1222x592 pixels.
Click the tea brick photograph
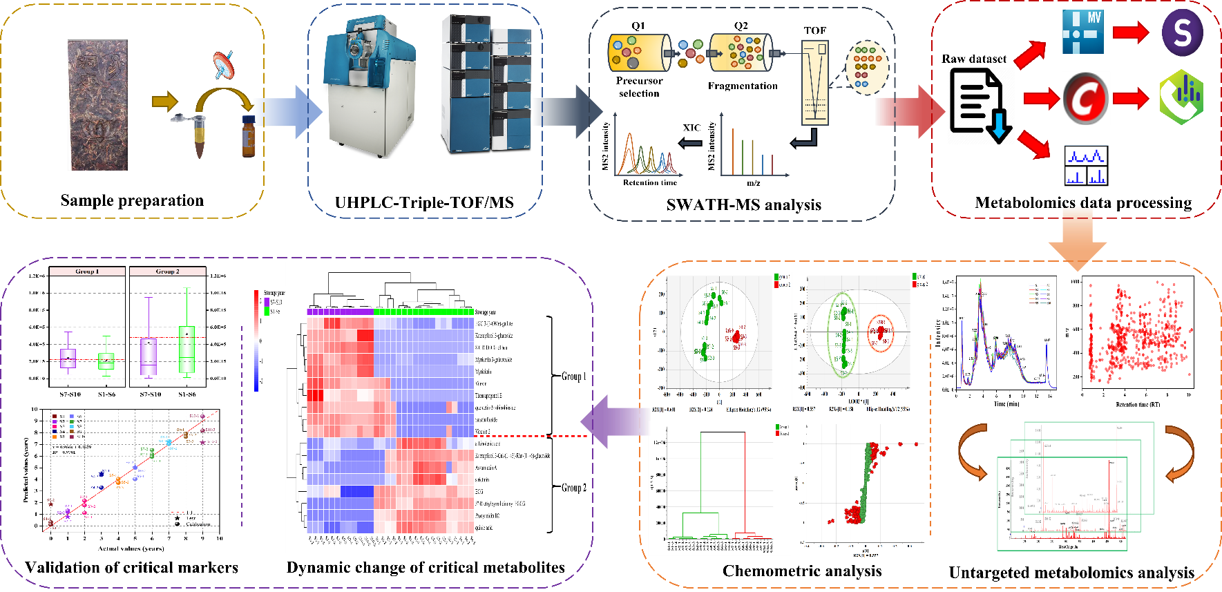pos(97,105)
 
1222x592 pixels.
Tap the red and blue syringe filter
pos(223,64)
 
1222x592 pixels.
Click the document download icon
pos(980,106)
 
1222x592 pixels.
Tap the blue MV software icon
pos(1082,32)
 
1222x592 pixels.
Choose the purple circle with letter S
pos(1182,32)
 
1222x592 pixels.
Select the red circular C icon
pos(1086,98)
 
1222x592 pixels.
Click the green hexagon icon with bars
pos(1181,97)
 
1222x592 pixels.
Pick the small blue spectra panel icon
pos(1086,165)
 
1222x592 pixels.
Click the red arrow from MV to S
pos(1131,32)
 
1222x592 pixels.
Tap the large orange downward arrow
pos(1077,245)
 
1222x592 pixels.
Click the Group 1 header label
pos(87,271)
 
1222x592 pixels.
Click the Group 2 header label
pos(167,271)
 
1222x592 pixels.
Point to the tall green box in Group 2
pos(187,350)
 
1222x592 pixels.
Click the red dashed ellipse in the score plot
pos(880,334)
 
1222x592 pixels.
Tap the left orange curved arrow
pos(973,452)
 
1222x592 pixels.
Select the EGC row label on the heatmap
pos(479,491)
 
